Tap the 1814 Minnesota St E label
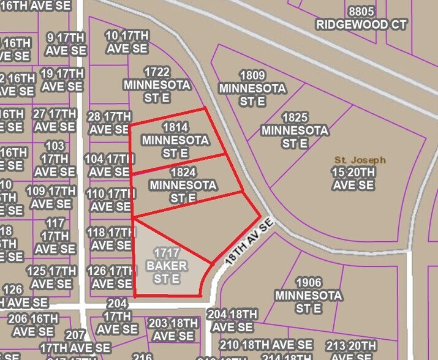click(175, 140)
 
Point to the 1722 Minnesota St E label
click(156, 84)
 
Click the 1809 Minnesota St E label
click(252, 88)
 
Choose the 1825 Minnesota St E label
click(295, 130)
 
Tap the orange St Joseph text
click(360, 160)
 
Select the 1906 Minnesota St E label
click(308, 295)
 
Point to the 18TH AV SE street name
click(247, 243)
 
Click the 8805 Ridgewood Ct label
click(360, 18)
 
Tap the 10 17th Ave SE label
click(127, 41)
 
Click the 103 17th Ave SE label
click(55, 159)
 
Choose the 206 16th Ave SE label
click(26, 325)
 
